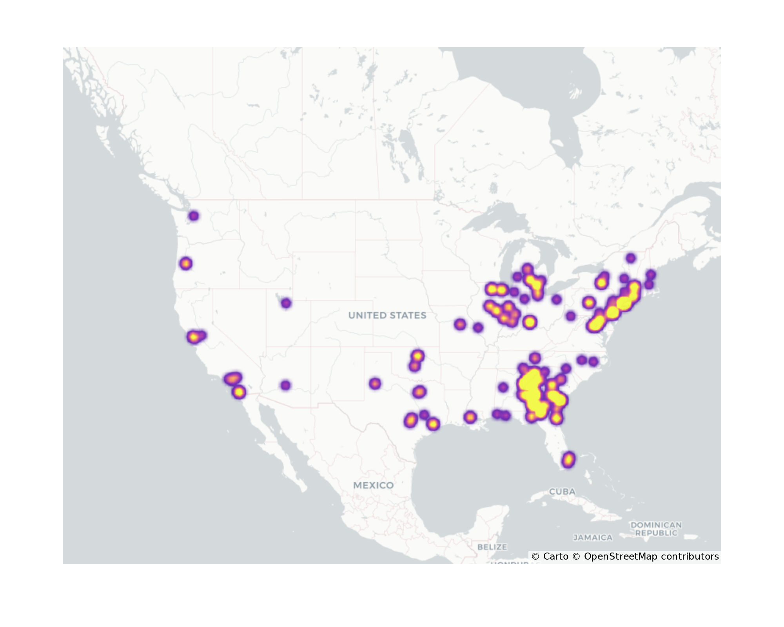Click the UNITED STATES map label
click(387, 315)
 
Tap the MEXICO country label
click(373, 485)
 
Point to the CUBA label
click(562, 491)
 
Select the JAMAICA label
click(593, 538)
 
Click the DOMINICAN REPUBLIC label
click(656, 529)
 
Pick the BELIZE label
click(492, 547)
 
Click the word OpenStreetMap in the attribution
click(621, 556)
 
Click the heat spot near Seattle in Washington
click(194, 216)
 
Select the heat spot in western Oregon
click(186, 263)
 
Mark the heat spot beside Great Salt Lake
click(286, 303)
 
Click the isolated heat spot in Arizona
click(285, 385)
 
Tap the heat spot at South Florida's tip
click(568, 460)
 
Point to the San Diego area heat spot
click(239, 392)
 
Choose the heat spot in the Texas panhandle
click(375, 383)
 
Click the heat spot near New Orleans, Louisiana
click(470, 417)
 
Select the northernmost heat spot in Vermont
click(631, 258)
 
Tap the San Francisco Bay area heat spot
click(193, 337)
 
